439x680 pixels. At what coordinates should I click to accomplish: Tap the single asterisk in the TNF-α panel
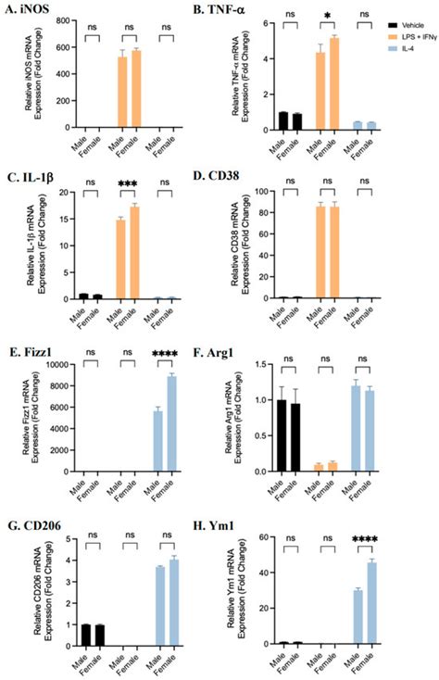tap(327, 17)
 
